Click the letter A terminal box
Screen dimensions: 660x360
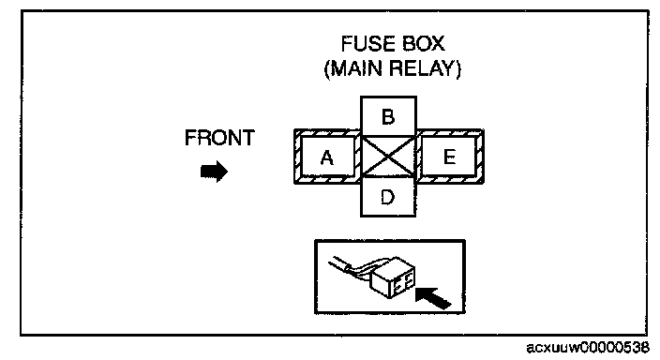point(327,157)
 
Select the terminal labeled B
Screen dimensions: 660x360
point(388,116)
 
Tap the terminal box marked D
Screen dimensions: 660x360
point(388,196)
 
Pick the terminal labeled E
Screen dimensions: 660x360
point(449,157)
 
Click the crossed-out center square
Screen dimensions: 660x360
point(388,157)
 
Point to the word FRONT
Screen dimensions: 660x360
point(219,138)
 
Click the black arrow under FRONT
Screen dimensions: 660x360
point(215,172)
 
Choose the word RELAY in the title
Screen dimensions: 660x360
point(422,68)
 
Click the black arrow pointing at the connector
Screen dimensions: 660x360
point(433,297)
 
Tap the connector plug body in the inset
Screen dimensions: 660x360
point(392,281)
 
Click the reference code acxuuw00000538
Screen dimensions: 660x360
point(588,348)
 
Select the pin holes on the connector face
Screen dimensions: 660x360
point(403,284)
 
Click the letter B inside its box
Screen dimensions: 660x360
point(388,116)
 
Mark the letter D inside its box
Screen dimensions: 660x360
point(387,197)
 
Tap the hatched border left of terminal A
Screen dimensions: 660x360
point(297,157)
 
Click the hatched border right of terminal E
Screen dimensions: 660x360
point(480,157)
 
